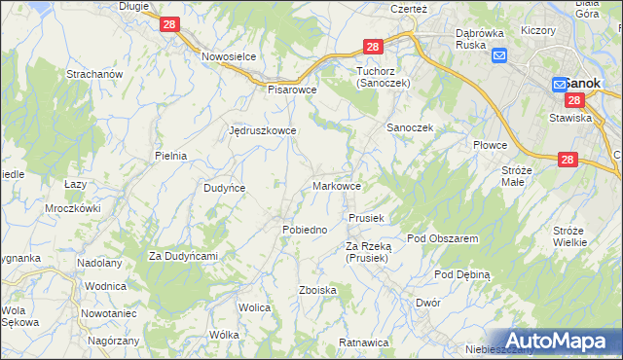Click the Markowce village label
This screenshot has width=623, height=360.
point(339,186)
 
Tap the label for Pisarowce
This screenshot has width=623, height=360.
point(293,89)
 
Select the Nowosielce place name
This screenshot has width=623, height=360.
point(229,56)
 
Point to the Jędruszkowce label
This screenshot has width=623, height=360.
point(262,129)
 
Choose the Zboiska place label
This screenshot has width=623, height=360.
point(318,290)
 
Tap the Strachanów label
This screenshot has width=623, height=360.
point(92,74)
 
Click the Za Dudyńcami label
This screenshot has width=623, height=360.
point(182,256)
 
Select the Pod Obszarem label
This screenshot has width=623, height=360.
point(442,238)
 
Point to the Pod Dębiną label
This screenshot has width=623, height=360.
point(462,274)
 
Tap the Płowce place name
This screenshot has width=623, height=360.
point(491,145)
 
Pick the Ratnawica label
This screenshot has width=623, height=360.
point(364,342)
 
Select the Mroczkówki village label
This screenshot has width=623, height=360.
point(73,208)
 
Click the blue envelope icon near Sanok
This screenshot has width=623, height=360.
point(499,55)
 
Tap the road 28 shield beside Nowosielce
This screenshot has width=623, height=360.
point(168,25)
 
